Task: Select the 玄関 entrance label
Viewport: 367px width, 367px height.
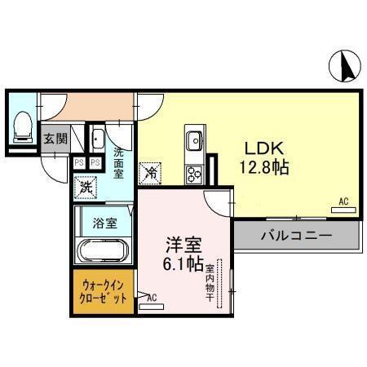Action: point(55,139)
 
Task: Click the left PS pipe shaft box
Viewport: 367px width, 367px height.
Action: point(79,163)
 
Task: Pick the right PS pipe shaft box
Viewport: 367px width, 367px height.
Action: point(95,163)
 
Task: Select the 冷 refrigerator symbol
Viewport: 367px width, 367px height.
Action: point(151,172)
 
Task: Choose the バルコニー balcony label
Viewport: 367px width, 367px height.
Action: point(296,237)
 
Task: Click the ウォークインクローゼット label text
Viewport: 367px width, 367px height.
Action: point(104,292)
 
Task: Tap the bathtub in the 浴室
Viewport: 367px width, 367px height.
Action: point(102,250)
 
